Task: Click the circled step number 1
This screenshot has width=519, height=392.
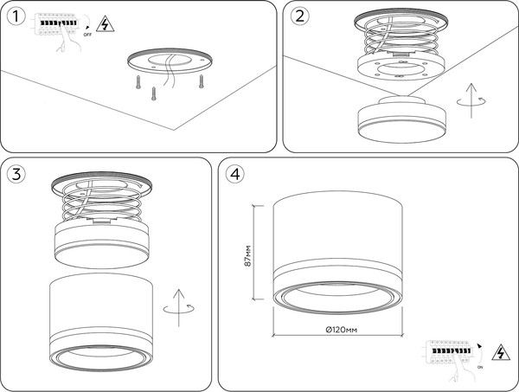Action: [16, 17]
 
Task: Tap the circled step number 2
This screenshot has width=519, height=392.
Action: [300, 16]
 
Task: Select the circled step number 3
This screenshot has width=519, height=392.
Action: [16, 173]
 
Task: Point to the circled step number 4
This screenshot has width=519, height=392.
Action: [235, 173]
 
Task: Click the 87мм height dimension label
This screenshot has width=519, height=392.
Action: [248, 255]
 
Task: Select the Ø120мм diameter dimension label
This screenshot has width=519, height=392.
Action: [342, 330]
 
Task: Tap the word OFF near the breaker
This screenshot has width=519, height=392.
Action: [87, 35]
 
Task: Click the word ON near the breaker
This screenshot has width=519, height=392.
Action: [480, 367]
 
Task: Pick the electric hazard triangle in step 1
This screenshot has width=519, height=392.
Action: [106, 24]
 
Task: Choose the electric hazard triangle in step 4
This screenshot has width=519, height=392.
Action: [501, 352]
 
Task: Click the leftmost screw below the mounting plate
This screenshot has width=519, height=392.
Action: [138, 82]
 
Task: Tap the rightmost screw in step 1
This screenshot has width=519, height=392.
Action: [201, 81]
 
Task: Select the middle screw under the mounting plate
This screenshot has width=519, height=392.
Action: [154, 93]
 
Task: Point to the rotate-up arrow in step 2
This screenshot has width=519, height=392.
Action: [471, 100]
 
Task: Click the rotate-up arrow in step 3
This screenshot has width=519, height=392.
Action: [179, 308]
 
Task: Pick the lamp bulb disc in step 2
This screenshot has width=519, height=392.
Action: [402, 120]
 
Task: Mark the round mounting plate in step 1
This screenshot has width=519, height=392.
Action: [170, 61]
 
